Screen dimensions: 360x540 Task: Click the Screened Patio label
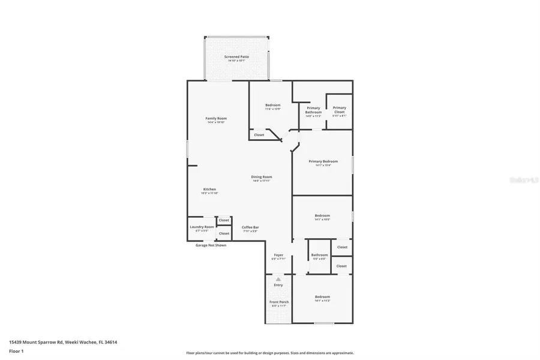click(237, 56)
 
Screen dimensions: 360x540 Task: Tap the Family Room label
click(216, 118)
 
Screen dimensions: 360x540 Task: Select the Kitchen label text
click(209, 189)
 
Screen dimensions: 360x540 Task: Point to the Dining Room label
click(262, 176)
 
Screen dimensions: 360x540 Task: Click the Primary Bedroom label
click(323, 161)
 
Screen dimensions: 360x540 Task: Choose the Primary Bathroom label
click(313, 110)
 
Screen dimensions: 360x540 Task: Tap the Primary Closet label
click(340, 110)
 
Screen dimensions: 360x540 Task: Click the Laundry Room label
click(202, 227)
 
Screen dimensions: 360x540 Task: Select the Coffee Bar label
click(250, 227)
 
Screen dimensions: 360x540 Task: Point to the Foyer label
click(278, 255)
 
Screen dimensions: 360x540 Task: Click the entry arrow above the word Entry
click(278, 279)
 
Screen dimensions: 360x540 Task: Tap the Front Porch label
click(278, 302)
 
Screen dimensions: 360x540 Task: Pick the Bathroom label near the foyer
click(319, 255)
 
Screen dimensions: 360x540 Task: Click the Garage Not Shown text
click(211, 245)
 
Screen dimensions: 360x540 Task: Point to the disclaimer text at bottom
click(270, 353)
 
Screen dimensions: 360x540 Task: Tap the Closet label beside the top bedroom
click(259, 135)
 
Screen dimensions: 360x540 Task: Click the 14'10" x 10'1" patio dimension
click(237, 61)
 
